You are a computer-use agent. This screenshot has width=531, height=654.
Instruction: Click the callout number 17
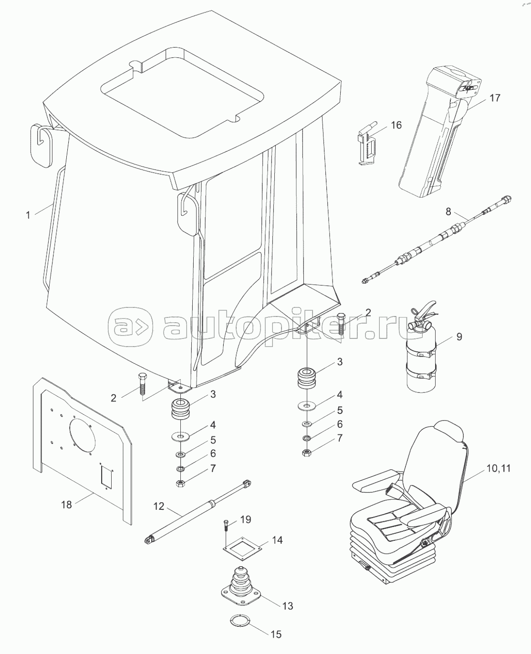point(495,98)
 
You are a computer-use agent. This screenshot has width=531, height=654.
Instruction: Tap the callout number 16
point(396,125)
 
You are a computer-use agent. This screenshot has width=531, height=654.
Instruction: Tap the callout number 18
point(66,504)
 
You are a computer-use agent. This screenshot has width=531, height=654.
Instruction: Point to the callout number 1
point(28,215)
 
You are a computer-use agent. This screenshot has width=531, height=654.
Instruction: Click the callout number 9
point(459,337)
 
